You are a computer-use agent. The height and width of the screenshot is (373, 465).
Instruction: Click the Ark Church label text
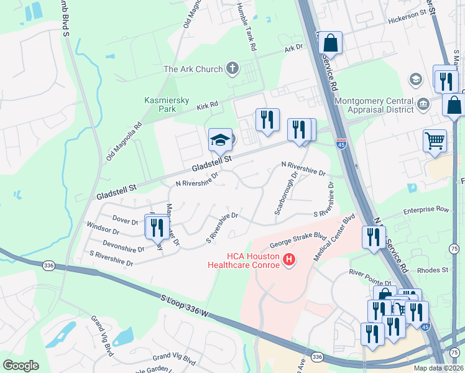[x=193, y=69]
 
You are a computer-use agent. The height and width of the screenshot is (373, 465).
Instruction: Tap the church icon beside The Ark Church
[x=233, y=68]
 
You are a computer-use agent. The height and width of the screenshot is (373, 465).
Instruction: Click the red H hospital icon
[x=288, y=260]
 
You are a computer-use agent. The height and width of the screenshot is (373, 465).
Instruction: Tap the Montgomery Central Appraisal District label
[x=374, y=105]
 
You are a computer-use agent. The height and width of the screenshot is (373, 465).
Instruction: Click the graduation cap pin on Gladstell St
[x=219, y=140]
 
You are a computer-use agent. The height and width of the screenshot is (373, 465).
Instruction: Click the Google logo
[x=21, y=365]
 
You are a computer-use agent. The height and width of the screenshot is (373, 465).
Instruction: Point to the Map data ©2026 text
[x=438, y=368]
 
